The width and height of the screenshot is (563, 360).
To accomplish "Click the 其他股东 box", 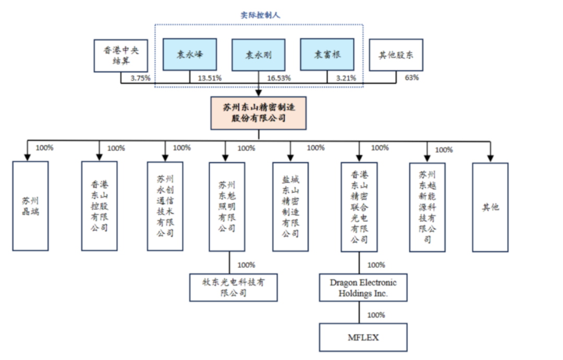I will [395, 55].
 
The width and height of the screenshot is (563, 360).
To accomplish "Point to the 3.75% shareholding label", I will [140, 78].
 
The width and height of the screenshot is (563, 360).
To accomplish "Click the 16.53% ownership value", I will [279, 78].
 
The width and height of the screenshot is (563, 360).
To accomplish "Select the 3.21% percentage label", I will [346, 78].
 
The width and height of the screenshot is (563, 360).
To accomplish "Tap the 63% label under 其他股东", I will [411, 78].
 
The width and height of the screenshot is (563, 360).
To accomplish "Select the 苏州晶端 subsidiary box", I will [31, 206].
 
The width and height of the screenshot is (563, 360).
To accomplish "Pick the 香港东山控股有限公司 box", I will [100, 206].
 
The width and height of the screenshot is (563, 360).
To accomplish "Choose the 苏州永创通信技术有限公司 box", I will [165, 206].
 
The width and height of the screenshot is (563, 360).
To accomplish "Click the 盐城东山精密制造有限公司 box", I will [290, 207].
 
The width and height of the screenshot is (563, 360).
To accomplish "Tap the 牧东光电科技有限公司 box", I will [233, 287].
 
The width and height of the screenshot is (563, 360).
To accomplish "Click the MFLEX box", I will [363, 337].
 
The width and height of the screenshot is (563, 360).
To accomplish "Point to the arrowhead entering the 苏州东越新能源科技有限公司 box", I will [427, 158].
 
